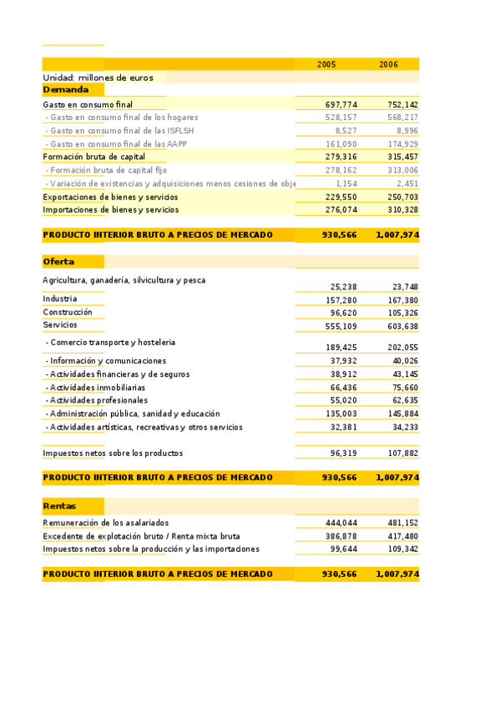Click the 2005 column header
coord(326,64)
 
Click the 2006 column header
coord(388,64)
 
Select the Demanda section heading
coord(65,89)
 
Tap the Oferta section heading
coord(58,262)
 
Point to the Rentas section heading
coord(60,506)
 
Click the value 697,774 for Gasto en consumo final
coord(341,104)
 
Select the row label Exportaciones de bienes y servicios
coord(110,197)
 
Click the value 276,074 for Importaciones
coord(341,210)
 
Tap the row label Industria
coord(60,298)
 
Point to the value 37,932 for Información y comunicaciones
coord(343,361)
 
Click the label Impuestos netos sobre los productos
coord(113,454)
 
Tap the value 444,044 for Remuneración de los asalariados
coord(341,522)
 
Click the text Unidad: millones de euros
coord(98,78)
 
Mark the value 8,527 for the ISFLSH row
coord(346,131)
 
